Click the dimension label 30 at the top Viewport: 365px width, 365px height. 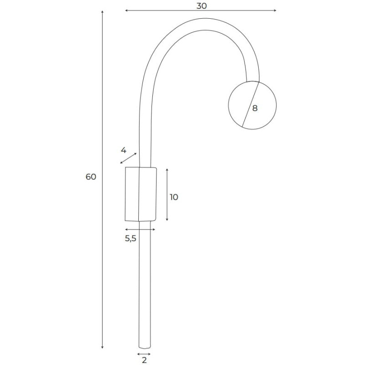(201, 6)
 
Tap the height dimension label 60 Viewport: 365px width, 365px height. (91, 177)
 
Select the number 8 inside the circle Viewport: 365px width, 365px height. (255, 108)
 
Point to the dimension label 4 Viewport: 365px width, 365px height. (123, 151)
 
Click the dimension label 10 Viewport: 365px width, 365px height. (174, 197)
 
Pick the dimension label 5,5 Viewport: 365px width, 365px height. (130, 238)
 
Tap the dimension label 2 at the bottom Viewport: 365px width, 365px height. (144, 360)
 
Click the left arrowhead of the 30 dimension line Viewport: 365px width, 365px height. (126, 10)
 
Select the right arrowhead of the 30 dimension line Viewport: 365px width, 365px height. (275, 10)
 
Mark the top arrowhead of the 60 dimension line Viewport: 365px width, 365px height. (102, 12)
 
